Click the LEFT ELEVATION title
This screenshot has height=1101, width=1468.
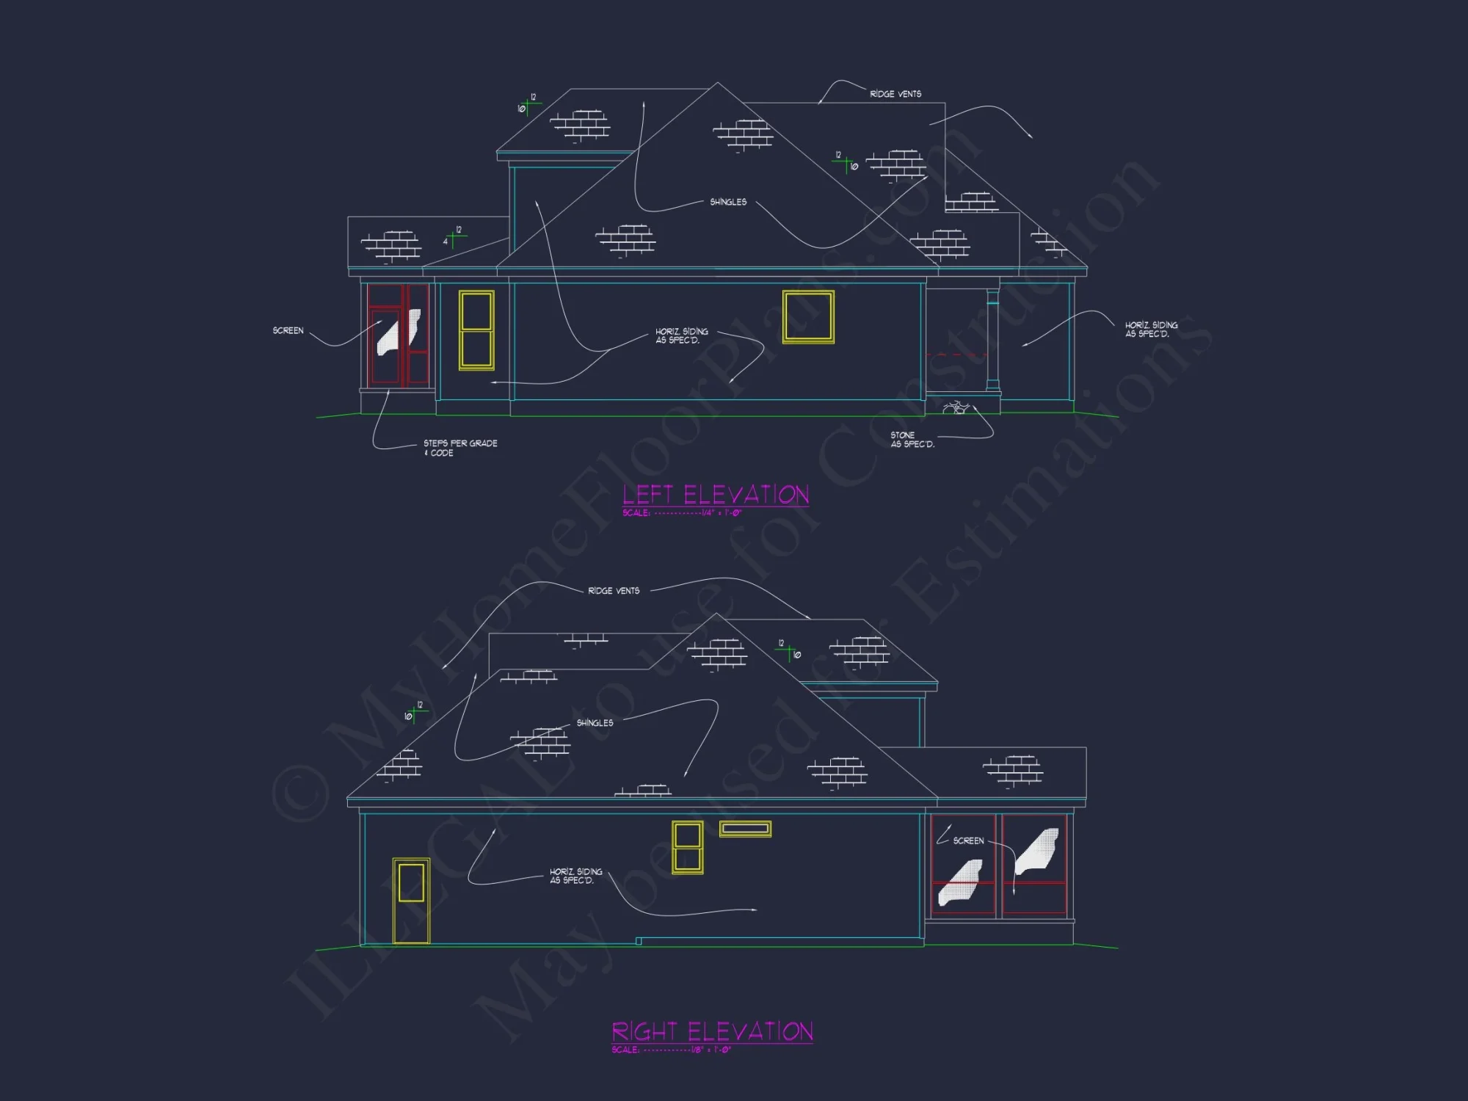(x=716, y=495)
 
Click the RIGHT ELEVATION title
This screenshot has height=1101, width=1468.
(x=712, y=1031)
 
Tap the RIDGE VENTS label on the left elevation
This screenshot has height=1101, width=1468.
(x=895, y=94)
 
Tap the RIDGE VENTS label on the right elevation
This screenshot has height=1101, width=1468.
(x=614, y=591)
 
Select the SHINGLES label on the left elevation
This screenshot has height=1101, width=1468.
(x=728, y=202)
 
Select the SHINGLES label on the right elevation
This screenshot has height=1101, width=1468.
(x=595, y=723)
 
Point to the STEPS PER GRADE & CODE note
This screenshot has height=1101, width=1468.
(x=460, y=448)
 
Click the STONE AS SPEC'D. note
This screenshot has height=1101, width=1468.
(x=912, y=440)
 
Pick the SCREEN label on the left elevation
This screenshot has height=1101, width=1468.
(x=288, y=330)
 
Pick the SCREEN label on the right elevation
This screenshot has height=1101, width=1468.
(x=968, y=840)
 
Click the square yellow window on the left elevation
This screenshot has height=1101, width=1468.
(x=808, y=317)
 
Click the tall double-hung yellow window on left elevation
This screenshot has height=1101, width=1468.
(x=476, y=330)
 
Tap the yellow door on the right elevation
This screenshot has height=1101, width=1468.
(x=411, y=901)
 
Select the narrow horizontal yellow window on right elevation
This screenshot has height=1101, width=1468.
(x=745, y=829)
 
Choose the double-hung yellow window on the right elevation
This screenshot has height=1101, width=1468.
(x=688, y=847)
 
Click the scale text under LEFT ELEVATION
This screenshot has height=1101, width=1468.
(x=682, y=512)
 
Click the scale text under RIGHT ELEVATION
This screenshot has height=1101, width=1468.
(x=671, y=1050)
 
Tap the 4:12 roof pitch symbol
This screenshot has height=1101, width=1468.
(x=453, y=237)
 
